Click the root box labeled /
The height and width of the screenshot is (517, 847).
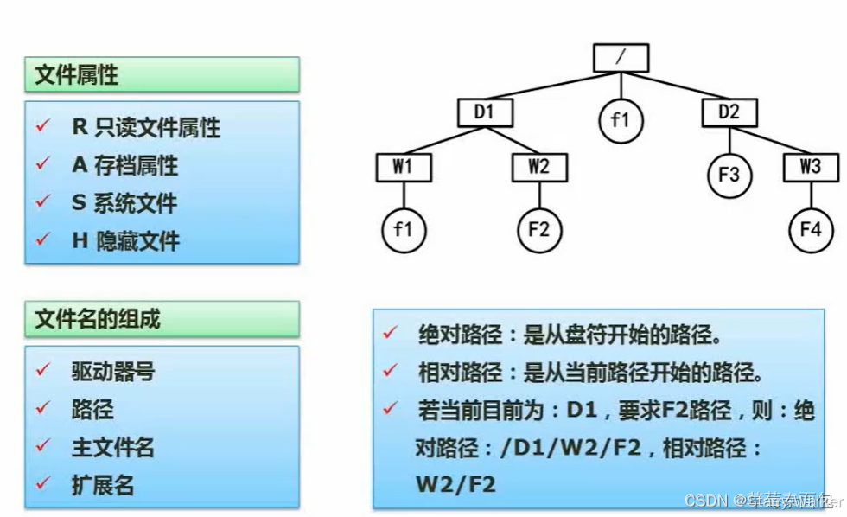621,58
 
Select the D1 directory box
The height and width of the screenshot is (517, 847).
486,112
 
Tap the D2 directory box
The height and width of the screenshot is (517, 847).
729,112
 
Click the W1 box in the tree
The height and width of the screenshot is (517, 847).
403,167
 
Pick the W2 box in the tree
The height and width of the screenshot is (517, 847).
538,167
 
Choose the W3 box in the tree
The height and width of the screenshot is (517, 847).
810,167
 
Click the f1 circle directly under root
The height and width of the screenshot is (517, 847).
621,120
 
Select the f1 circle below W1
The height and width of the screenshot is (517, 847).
404,230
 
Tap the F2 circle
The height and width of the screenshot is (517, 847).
538,230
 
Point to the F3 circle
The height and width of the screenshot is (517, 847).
729,175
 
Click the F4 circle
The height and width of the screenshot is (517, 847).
810,230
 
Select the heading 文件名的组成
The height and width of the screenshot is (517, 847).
97,319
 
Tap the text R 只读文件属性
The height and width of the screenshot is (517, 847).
145,128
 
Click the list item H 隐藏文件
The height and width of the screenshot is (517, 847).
125,240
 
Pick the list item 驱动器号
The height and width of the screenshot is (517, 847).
112,372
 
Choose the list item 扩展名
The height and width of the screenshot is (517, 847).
102,484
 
